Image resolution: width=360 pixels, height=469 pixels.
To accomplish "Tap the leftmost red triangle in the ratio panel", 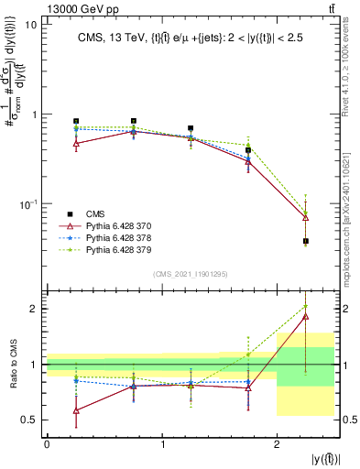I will (x=76, y=410).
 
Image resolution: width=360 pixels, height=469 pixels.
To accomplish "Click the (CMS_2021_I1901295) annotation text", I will (x=190, y=274).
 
